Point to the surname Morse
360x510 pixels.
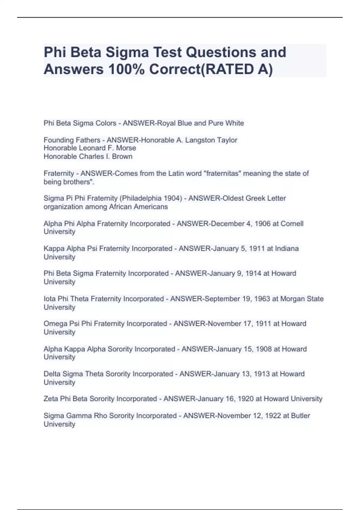(x=127, y=148)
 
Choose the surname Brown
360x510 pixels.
(x=122, y=157)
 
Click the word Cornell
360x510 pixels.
(x=292, y=224)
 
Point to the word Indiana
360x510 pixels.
(x=287, y=249)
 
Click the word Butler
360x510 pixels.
(x=300, y=416)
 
